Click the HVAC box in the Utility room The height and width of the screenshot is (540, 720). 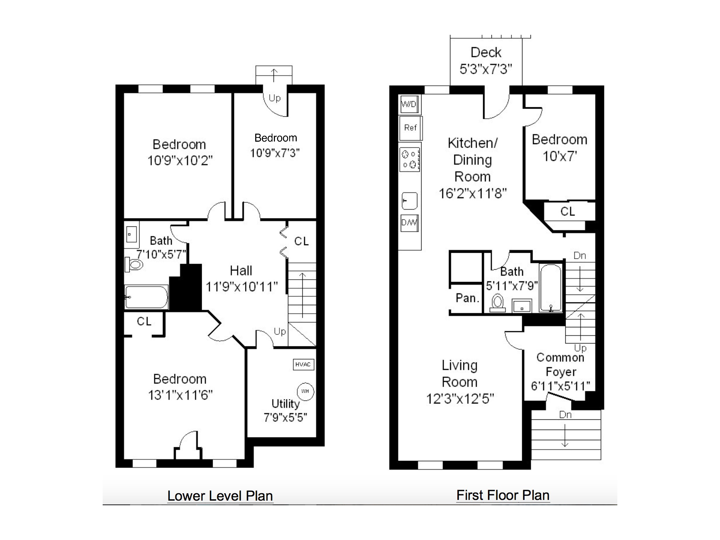(303, 365)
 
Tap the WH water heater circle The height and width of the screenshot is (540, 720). (305, 391)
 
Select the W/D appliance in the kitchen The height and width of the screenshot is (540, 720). (409, 104)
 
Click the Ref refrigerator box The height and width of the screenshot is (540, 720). (410, 128)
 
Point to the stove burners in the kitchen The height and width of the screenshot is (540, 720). (410, 159)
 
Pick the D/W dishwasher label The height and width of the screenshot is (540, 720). (409, 223)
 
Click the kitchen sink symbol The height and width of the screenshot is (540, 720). (410, 201)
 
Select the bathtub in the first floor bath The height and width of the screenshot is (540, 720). (551, 288)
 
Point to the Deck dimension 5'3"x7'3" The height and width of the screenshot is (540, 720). (486, 69)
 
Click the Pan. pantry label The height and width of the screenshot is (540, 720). (467, 298)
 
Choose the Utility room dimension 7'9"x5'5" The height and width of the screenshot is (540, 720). (285, 417)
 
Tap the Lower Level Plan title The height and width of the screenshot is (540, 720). (220, 496)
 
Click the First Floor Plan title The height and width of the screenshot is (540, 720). (503, 495)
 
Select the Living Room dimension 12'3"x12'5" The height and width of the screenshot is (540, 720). (460, 399)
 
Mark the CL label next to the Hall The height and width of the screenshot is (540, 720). (301, 241)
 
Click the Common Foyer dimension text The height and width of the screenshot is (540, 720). (560, 386)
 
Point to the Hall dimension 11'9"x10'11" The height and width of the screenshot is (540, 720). (242, 287)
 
